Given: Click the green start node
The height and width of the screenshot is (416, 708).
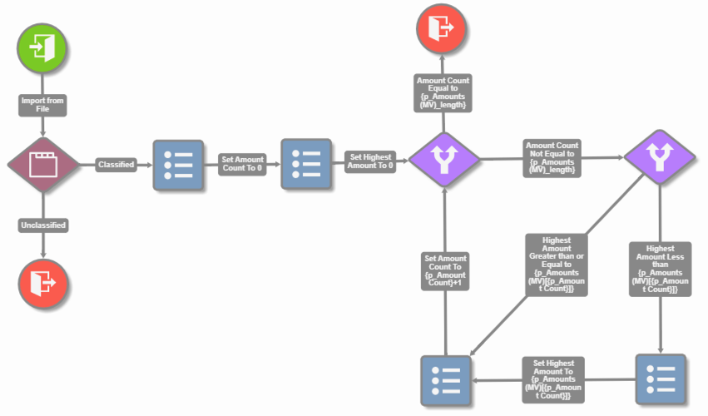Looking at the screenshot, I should point(42,46).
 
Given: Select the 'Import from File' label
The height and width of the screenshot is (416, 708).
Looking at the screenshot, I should point(42,105).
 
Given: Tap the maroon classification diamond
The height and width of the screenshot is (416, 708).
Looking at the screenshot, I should point(42,164).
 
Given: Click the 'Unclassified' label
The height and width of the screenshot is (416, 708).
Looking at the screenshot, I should point(42,225).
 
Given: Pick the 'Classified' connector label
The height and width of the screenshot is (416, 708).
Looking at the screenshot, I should point(116,165).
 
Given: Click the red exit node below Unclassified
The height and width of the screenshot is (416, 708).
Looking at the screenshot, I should point(42,283).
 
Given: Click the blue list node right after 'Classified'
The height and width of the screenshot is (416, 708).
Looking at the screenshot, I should point(177,165).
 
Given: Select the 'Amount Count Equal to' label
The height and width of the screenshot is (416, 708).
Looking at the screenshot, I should point(444,92).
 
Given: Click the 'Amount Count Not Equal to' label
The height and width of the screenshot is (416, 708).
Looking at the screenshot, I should point(552,157).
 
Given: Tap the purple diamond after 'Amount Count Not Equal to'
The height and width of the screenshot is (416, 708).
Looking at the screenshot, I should point(660,156).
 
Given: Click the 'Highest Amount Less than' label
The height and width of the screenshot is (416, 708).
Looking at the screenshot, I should point(661,269).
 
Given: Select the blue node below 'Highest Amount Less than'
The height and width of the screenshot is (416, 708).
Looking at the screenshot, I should point(660,380).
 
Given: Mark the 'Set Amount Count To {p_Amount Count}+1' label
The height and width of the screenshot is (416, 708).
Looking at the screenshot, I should point(445,270).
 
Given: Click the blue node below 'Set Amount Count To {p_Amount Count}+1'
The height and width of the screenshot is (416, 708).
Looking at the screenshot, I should point(445,380).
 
